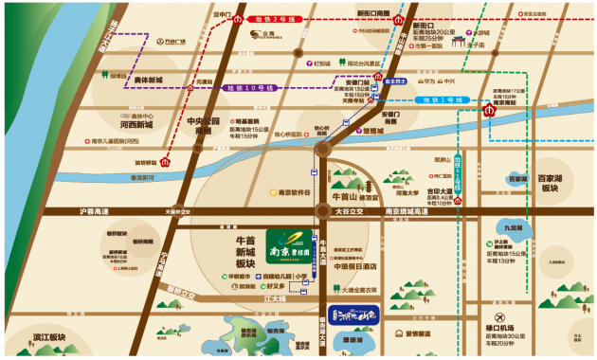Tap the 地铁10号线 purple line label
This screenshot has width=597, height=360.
(x=249, y=88)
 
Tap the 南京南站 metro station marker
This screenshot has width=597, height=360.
(x=489, y=110)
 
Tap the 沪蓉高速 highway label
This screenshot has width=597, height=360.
(x=96, y=211)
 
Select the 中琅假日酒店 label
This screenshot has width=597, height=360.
(x=353, y=266)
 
